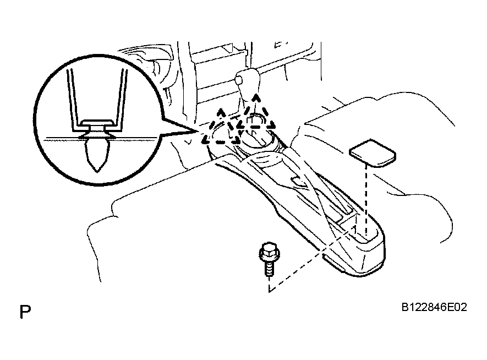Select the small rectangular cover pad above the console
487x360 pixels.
tap(371, 151)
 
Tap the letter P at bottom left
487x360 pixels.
tap(25, 312)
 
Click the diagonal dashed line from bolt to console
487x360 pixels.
tap(308, 259)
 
